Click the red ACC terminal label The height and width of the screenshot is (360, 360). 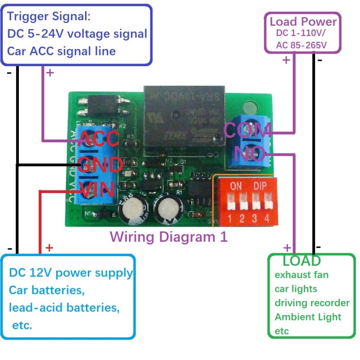[99, 139]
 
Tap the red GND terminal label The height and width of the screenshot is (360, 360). [101, 164]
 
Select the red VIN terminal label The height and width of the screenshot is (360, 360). [97, 189]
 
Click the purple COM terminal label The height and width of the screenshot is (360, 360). [247, 130]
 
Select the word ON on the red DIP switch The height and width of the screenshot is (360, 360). [236, 185]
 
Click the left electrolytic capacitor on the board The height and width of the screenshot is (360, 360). [133, 210]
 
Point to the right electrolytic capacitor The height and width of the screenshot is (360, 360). [167, 210]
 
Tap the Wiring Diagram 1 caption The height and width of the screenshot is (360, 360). [169, 236]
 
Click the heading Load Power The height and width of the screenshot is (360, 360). [303, 22]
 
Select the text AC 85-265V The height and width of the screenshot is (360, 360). [302, 45]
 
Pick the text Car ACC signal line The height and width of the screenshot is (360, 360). [62, 51]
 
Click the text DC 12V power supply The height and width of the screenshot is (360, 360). [71, 273]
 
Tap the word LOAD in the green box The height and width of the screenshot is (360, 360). [301, 261]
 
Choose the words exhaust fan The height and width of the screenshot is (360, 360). [301, 274]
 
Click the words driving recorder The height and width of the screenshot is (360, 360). [312, 302]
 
